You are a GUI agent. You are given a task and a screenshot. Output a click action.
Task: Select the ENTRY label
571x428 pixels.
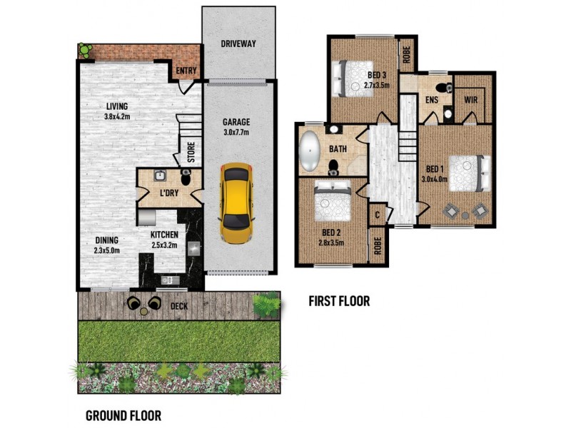pyautogui.click(x=186, y=70)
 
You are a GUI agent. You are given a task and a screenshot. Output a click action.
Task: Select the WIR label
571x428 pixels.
pyautogui.click(x=472, y=100)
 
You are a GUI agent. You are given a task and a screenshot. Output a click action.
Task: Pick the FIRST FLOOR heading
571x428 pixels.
pyautogui.click(x=339, y=301)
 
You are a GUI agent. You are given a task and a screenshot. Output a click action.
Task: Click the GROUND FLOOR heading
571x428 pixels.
pyautogui.click(x=123, y=415)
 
